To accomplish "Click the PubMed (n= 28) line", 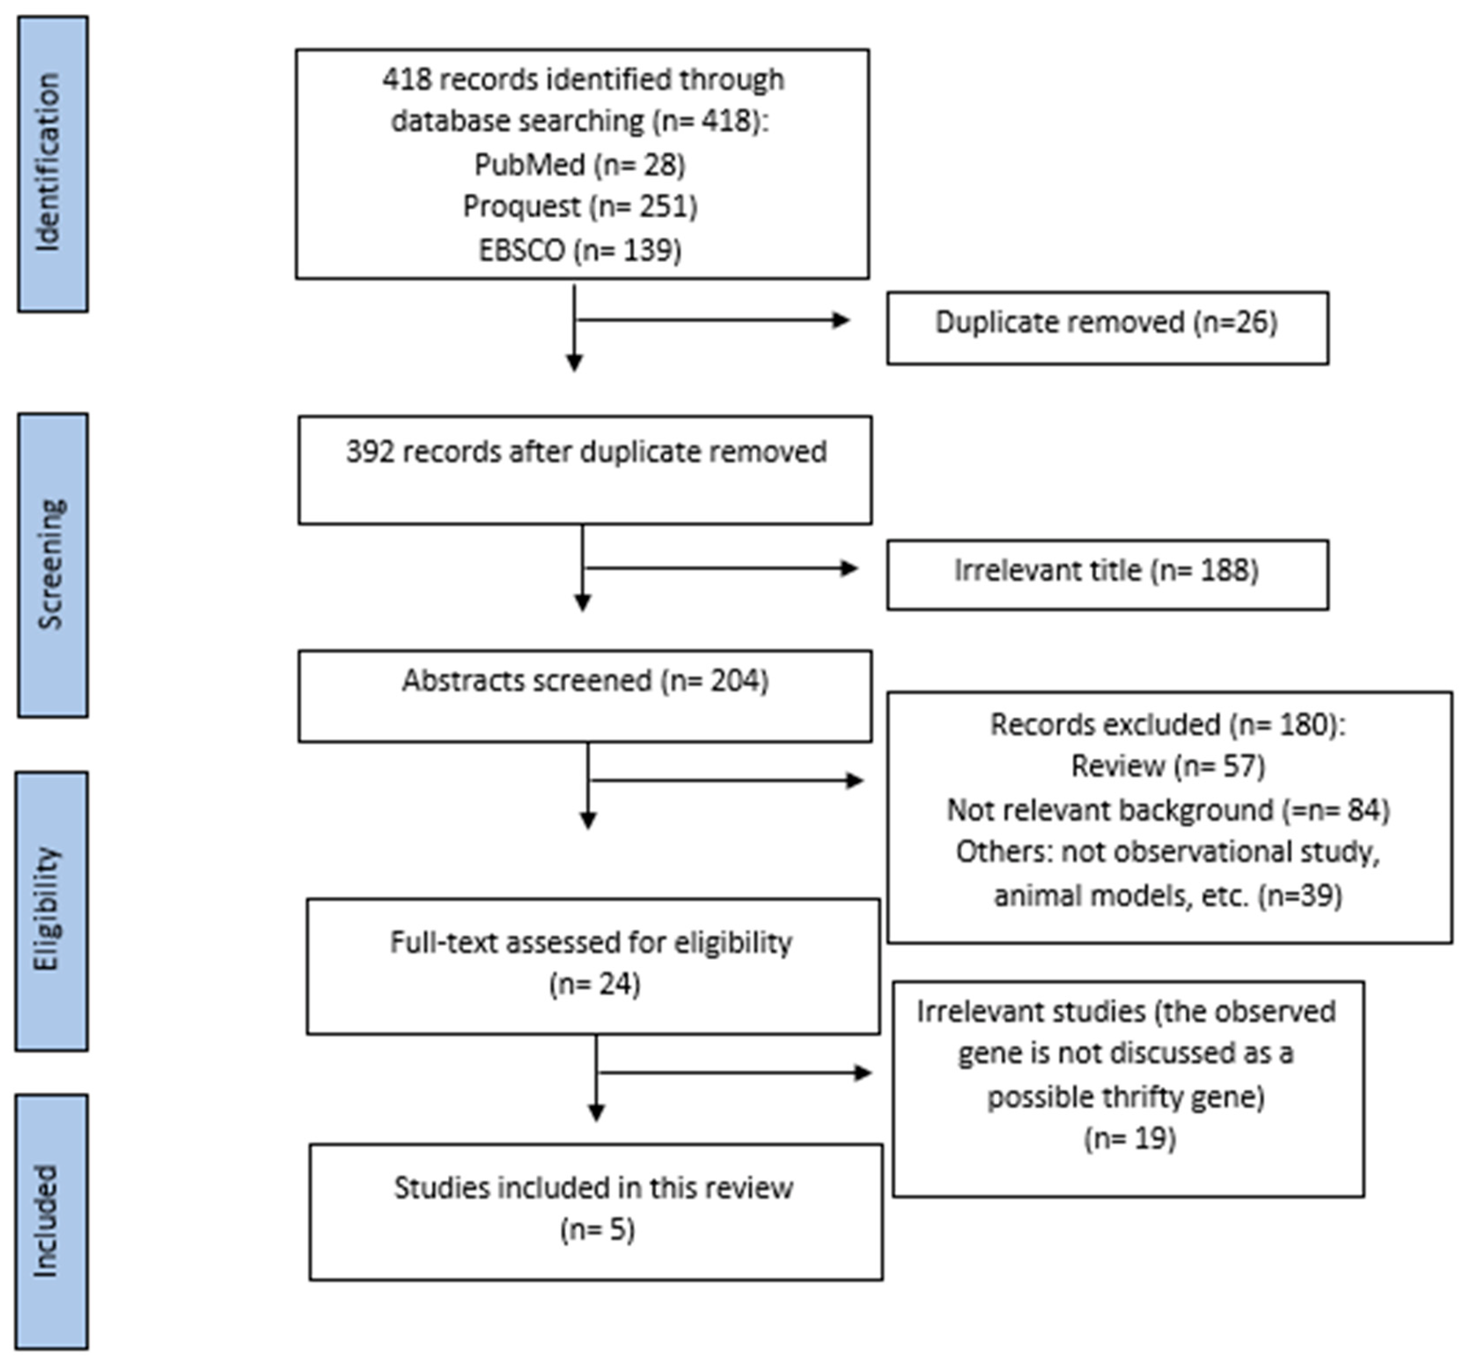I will pyautogui.click(x=580, y=165).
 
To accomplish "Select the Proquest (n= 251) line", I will pyautogui.click(x=580, y=206).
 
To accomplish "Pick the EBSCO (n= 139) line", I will pyautogui.click(x=580, y=251).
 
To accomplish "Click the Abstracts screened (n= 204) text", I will pyautogui.click(x=586, y=680).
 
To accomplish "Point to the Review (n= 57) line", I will pyautogui.click(x=1168, y=766).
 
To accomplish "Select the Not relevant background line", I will pyautogui.click(x=1168, y=810).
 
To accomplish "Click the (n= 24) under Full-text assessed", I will pyautogui.click(x=594, y=984).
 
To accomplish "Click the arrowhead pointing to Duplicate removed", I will pyautogui.click(x=841, y=320).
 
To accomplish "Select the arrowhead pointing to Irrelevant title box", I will pyautogui.click(x=849, y=568).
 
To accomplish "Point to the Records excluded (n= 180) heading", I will pyautogui.click(x=1168, y=725).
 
